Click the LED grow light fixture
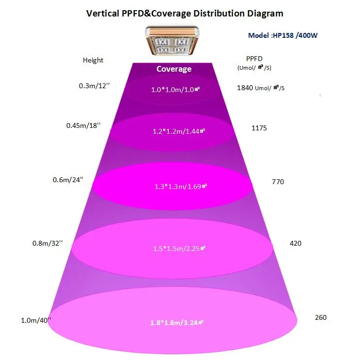(174, 41)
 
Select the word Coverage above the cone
(174, 69)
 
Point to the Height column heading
(93, 61)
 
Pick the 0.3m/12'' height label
(94, 86)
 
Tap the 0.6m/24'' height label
(68, 180)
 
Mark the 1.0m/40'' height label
(35, 320)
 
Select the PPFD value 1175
(259, 128)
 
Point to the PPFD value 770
(278, 182)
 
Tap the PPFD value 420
(295, 243)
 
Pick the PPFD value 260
(321, 317)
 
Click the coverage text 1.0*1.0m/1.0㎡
(175, 89)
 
